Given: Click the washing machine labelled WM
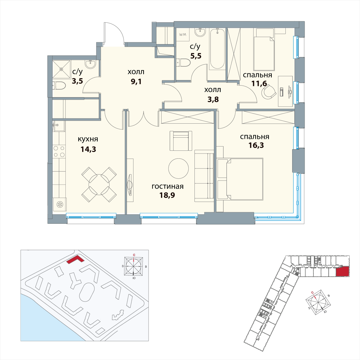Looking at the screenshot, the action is (x=183, y=35).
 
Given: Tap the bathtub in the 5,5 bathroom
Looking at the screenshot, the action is (x=217, y=49).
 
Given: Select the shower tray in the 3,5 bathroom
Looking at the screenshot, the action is (x=61, y=69).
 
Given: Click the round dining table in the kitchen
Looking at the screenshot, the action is (x=99, y=185).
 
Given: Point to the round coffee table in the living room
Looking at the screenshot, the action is (x=178, y=168).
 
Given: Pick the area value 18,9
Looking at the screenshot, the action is (x=167, y=195).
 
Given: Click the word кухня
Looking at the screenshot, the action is (x=88, y=139).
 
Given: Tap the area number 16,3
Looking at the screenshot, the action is (x=256, y=145).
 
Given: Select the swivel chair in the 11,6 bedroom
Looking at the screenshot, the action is (x=269, y=92).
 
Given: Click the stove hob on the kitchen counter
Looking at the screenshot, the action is (x=59, y=151).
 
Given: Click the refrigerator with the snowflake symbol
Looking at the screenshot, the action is (x=60, y=204).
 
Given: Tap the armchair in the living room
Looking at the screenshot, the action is (x=181, y=141).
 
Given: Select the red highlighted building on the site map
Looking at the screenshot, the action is (x=75, y=260).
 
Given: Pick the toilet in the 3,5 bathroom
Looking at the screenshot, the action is (x=59, y=86).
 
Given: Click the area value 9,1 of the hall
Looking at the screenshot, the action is (x=136, y=82).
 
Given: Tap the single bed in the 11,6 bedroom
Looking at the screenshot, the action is (x=264, y=49).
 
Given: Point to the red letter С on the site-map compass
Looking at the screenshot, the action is (x=134, y=255).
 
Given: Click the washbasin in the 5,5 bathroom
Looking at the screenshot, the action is (x=200, y=32).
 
